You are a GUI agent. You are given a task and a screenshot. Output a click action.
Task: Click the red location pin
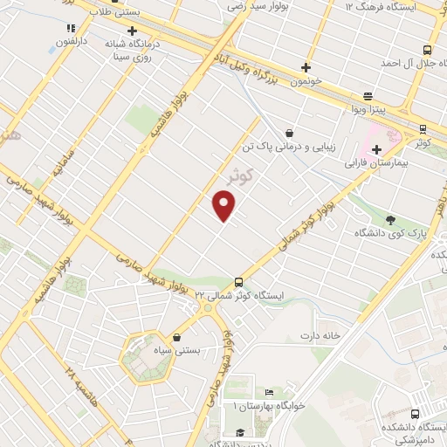tap(224, 205)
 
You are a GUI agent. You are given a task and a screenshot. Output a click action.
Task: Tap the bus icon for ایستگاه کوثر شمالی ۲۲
tap(238, 281)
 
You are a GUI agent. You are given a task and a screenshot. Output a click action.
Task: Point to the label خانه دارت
tap(319, 335)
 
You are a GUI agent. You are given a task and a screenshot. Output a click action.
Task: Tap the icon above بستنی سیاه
tap(178, 337)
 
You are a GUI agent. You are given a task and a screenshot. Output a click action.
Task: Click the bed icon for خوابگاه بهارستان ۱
tap(269, 392)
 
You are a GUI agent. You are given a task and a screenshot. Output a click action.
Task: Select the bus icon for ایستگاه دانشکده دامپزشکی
tap(415, 414)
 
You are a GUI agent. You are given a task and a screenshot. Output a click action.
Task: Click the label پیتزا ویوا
tap(368, 112)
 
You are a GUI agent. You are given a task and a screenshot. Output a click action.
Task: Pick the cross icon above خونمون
tap(306, 67)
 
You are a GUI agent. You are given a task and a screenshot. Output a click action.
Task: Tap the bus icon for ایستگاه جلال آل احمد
tap(426, 50)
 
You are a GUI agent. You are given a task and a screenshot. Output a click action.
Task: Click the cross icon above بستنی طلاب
tap(132, 31)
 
